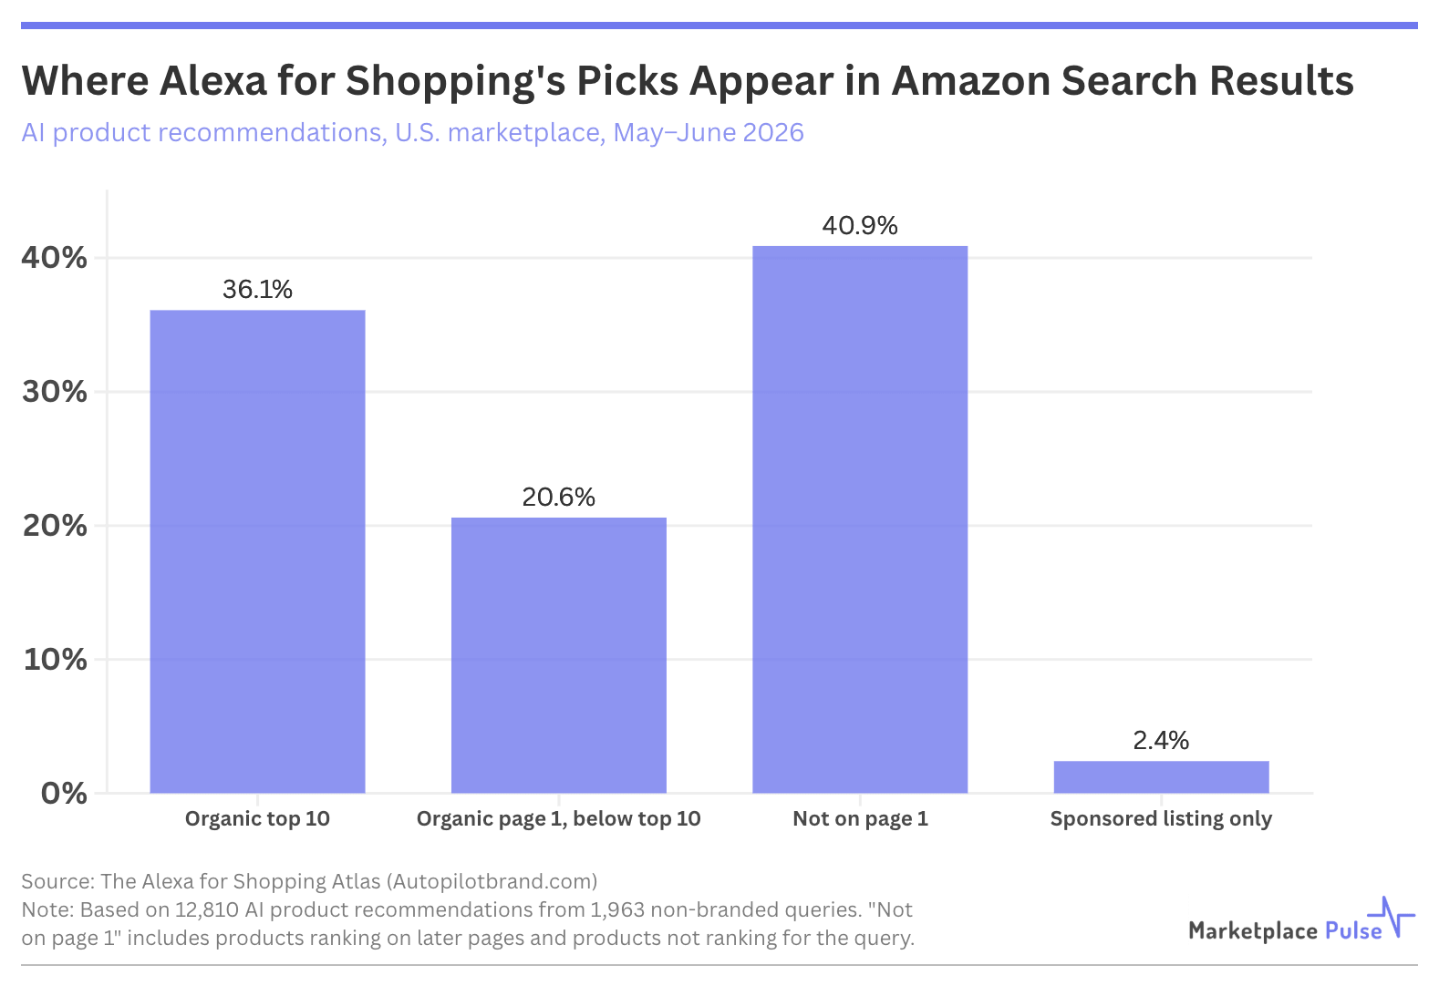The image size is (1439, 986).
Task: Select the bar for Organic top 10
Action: (257, 551)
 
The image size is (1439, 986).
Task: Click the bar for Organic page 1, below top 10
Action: (559, 655)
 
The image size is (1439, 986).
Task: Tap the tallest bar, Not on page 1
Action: (860, 519)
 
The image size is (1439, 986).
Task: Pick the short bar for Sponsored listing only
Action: (1162, 776)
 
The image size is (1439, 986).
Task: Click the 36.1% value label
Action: (257, 290)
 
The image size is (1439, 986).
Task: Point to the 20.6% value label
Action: (559, 498)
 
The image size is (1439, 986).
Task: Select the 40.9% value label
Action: (860, 226)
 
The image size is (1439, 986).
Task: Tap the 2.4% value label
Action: (1162, 741)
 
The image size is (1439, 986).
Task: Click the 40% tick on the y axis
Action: (55, 258)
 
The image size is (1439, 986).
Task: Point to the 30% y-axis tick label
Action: (55, 392)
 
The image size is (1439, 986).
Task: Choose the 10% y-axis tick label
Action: (55, 659)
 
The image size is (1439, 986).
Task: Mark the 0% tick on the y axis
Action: (64, 794)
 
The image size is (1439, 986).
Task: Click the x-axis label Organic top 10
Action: (257, 819)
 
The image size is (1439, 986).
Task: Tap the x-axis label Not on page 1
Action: (860, 819)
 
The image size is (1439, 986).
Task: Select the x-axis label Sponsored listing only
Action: (1162, 819)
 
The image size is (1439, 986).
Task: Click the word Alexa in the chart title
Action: (212, 81)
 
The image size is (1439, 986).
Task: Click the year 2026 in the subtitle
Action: (772, 133)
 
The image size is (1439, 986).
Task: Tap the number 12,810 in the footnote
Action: (207, 909)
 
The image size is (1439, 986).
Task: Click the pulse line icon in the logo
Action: (1391, 917)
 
